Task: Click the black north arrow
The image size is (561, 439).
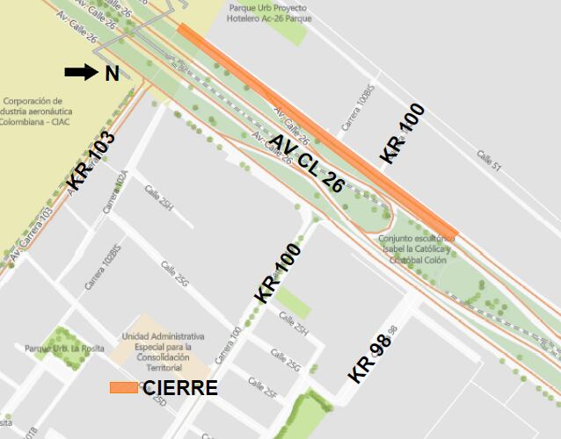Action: point(82,72)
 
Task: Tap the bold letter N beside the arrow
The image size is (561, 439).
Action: point(112,74)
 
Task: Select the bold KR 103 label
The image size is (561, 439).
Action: point(91,161)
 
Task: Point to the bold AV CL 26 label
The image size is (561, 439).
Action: point(306,163)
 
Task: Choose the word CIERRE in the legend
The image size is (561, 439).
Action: point(180,387)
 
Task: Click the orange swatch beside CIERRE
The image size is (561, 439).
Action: point(123,387)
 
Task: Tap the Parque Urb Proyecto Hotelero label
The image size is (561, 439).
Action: point(267,13)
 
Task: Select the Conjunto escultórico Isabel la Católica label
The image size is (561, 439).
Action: point(414,249)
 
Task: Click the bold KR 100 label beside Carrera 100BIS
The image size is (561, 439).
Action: point(403,133)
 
